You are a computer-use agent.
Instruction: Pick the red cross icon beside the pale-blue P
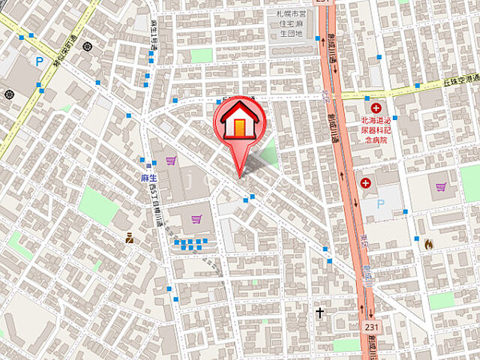pyautogui.click(x=366, y=183)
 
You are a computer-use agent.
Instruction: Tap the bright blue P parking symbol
pyautogui.click(x=38, y=61)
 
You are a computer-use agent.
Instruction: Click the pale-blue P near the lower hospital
pyautogui.click(x=381, y=203)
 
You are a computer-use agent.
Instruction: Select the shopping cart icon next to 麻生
pyautogui.click(x=172, y=160)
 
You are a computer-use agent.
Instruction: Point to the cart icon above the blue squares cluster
pyautogui.click(x=196, y=219)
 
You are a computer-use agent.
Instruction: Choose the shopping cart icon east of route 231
pyautogui.click(x=440, y=187)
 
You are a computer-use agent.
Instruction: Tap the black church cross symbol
pyautogui.click(x=320, y=311)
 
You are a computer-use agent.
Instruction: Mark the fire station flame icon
pyautogui.click(x=428, y=243)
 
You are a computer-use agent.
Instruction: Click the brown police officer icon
pyautogui.click(x=129, y=238)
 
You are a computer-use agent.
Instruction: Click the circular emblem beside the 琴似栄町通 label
pyautogui.click(x=88, y=46)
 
